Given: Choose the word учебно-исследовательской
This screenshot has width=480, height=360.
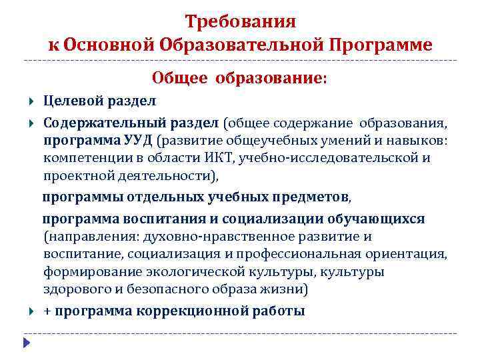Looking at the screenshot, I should [345, 158].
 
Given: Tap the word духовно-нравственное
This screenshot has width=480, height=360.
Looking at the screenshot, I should [226, 237].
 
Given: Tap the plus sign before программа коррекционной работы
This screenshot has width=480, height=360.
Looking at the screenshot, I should [47, 311].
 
